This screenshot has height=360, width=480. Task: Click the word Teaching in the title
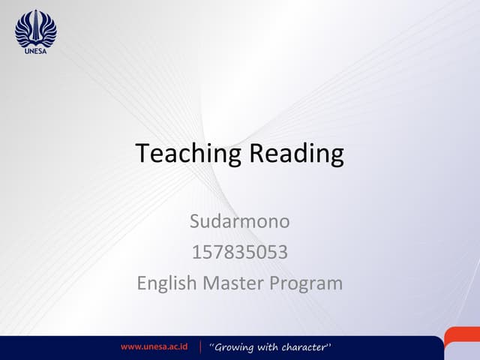click(x=188, y=154)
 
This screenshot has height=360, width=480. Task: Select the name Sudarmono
click(x=239, y=222)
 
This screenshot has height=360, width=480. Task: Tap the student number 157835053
click(x=239, y=253)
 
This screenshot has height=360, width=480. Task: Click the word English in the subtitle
click(x=166, y=283)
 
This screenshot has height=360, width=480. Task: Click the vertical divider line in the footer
click(x=201, y=347)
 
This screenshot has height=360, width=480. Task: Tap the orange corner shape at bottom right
click(x=463, y=339)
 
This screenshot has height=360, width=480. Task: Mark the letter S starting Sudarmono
click(x=194, y=222)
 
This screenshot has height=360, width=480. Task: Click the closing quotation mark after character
click(x=329, y=344)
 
